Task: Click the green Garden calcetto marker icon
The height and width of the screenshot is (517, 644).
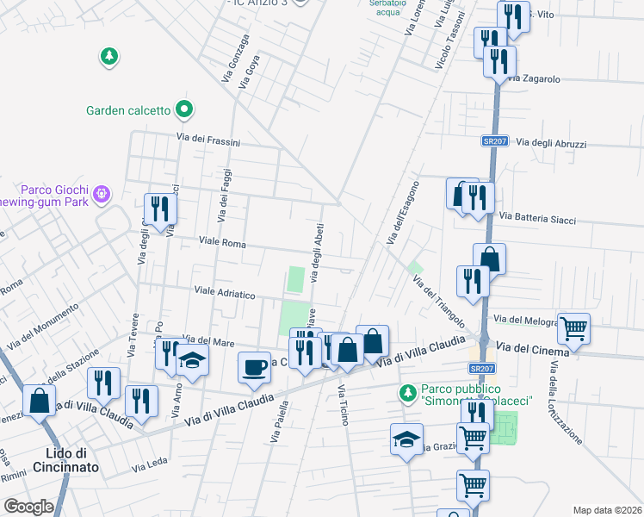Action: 183,109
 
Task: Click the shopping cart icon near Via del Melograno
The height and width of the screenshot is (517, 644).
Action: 573,327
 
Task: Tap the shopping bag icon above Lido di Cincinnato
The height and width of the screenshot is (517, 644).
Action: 39,400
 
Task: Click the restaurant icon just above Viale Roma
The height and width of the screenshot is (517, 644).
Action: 160,209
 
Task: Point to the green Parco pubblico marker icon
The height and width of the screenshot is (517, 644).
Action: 410,393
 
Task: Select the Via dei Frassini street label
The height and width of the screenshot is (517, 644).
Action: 207,139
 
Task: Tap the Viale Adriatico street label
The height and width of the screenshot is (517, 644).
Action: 225,293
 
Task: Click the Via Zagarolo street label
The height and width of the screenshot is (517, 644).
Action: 534,79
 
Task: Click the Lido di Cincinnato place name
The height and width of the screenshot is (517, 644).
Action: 72,460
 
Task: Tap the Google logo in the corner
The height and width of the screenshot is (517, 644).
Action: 28,507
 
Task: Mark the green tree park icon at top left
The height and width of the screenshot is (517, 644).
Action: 109,58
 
